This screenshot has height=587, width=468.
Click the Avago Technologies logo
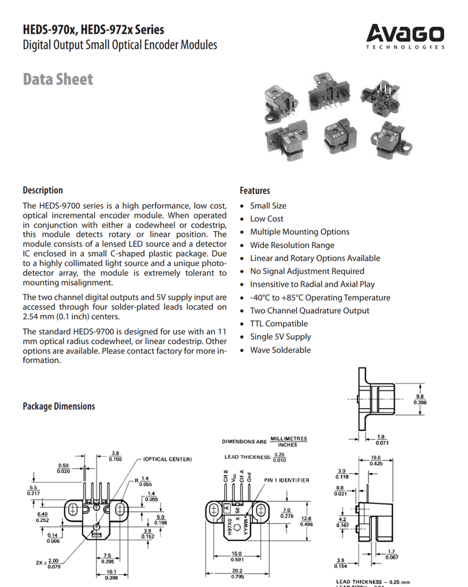click(405, 36)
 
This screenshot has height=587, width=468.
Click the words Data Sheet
click(58, 79)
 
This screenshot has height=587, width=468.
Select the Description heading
click(43, 190)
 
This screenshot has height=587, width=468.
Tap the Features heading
click(255, 191)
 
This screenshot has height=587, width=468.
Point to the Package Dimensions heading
click(59, 407)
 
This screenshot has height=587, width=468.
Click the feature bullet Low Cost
click(266, 219)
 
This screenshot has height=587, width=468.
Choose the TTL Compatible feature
click(279, 323)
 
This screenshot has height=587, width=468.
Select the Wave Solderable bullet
click(280, 350)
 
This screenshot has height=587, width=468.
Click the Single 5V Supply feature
click(280, 337)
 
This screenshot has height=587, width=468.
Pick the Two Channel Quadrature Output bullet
click(309, 311)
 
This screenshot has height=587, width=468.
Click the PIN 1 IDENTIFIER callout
click(286, 480)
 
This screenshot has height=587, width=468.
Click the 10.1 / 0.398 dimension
click(111, 574)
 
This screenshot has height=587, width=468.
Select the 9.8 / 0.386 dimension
click(420, 399)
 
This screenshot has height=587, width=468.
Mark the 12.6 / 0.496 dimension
click(306, 520)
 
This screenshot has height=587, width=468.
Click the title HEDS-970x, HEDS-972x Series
click(93, 29)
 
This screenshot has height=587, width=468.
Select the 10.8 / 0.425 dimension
click(376, 460)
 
